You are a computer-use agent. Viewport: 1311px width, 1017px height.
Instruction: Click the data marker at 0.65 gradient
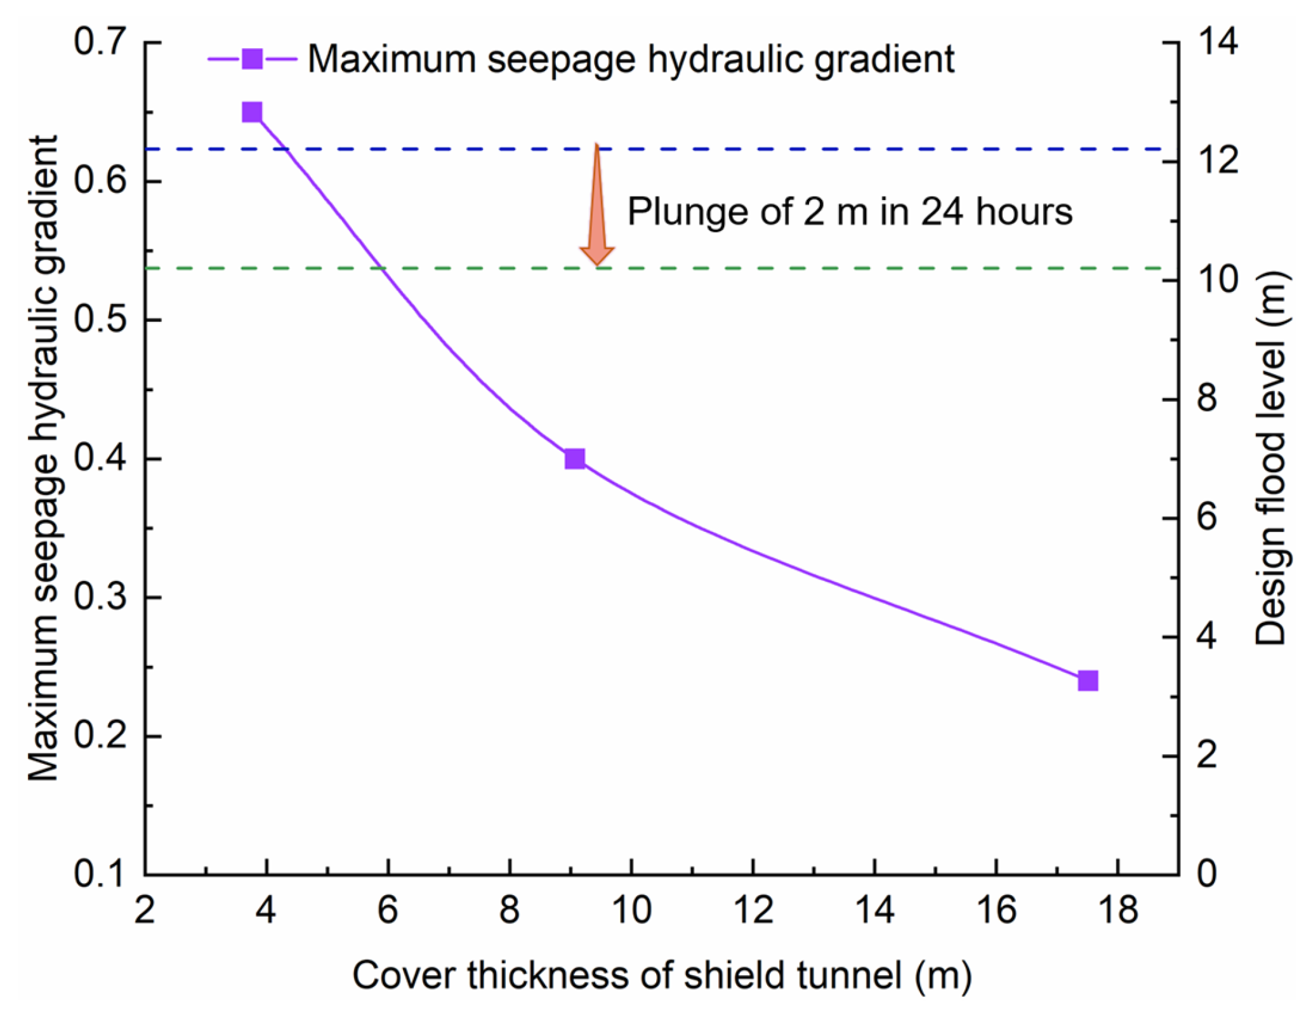click(252, 112)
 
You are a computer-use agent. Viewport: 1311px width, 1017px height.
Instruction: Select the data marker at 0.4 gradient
click(574, 458)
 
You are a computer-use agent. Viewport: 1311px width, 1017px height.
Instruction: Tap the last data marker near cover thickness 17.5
click(1088, 681)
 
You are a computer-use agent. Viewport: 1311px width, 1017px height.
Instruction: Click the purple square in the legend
click(252, 59)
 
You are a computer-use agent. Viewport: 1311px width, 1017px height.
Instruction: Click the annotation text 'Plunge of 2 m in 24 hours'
click(849, 211)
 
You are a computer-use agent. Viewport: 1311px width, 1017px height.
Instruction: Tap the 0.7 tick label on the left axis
click(100, 43)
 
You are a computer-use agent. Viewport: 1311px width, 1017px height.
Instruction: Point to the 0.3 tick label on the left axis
click(100, 597)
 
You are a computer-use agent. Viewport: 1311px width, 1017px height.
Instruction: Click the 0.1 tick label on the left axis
click(100, 874)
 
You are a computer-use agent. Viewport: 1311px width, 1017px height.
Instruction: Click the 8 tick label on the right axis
click(1206, 399)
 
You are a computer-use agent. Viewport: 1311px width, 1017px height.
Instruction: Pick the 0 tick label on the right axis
click(1206, 874)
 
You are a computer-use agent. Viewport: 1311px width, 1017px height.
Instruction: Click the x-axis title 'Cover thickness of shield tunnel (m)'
click(662, 975)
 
